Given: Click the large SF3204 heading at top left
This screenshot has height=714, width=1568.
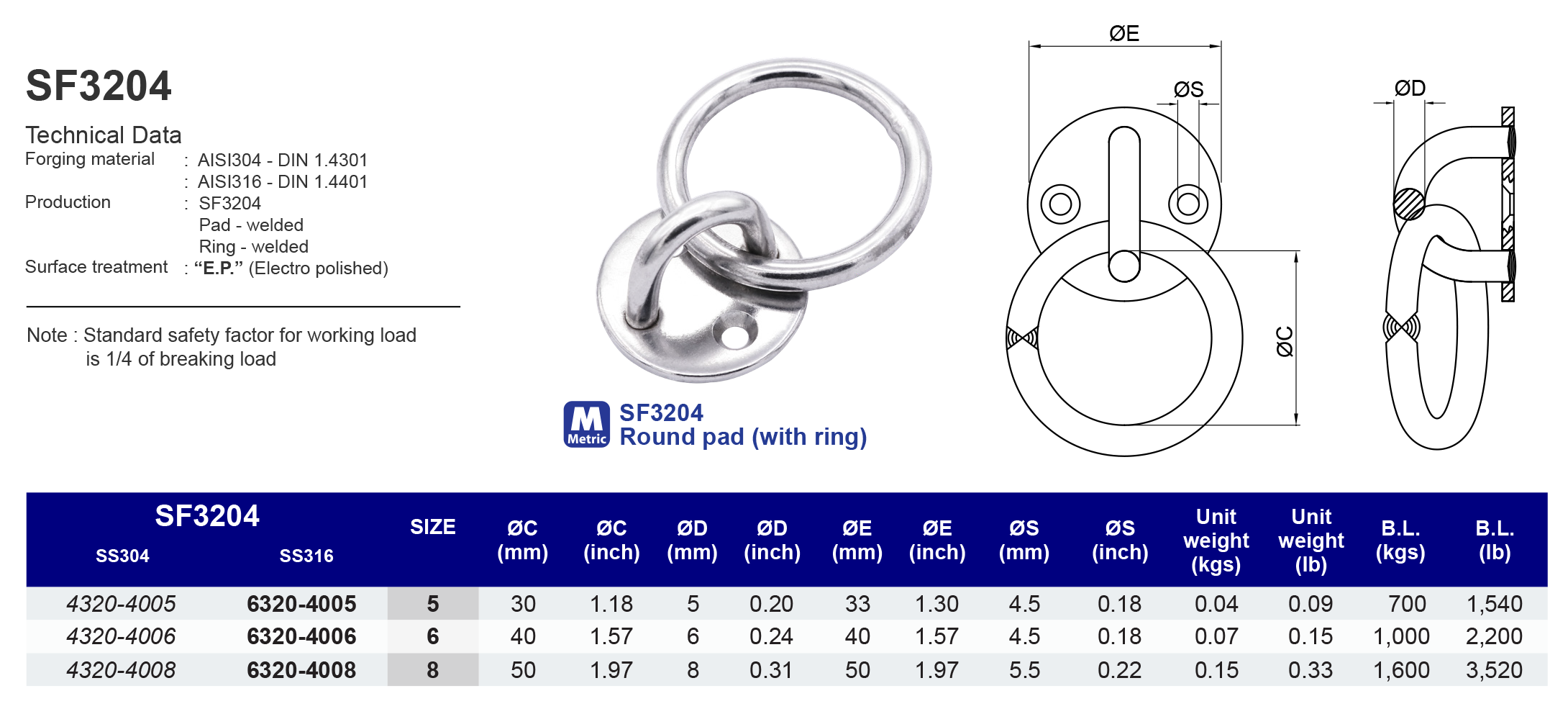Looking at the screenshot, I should pos(99,86).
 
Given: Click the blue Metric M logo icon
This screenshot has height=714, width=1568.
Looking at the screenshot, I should pos(587,424).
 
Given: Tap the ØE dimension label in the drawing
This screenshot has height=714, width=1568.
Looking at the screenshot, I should pos(1123,34).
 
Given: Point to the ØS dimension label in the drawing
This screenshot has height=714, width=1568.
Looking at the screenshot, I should pos(1188,90).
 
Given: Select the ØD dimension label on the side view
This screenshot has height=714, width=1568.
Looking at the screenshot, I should pos(1409,89).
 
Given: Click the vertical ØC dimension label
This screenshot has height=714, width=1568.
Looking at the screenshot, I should pos(1285,341).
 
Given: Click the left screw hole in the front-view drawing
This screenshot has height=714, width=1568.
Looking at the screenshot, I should pos(1060,204).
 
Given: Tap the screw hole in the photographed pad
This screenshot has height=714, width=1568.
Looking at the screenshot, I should pos(735,336).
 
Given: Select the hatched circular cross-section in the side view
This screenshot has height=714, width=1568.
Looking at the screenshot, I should pos(1408,204).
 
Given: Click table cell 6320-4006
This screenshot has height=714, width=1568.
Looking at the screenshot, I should pos(301,636).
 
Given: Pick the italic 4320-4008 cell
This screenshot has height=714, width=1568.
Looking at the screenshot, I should pos(121,670).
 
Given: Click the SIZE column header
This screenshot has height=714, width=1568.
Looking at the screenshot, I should pos(432,528).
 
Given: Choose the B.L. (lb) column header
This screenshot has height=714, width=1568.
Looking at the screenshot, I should pos(1495,540).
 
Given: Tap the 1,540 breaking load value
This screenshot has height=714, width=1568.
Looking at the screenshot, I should pos(1494,604).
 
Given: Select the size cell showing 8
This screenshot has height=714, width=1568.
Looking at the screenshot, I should pos(432,670).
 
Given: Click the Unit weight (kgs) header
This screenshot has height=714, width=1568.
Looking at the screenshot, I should pos(1216,541).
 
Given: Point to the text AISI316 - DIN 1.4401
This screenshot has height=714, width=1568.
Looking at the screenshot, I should pos(283,182).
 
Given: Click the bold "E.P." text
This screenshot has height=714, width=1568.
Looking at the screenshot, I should pos(219,268).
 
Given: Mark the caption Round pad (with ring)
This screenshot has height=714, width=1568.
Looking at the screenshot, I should pos(743,437).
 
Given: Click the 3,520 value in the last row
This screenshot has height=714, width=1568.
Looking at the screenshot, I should pos(1494,670).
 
